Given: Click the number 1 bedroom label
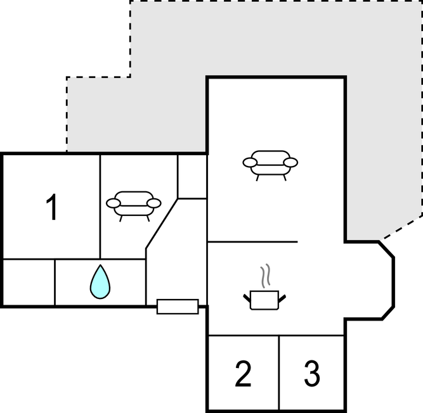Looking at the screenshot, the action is [x=52, y=206].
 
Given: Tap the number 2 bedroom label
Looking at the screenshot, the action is [x=243, y=374].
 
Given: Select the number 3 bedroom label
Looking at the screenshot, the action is [x=313, y=374].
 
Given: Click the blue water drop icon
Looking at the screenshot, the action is [x=100, y=282].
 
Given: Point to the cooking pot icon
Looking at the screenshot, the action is [x=264, y=300].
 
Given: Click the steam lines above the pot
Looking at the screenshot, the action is [x=265, y=276].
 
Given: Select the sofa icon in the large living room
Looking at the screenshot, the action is [x=270, y=165].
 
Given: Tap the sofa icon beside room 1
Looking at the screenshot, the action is [x=134, y=206].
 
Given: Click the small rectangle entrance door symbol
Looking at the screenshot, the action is [x=178, y=307].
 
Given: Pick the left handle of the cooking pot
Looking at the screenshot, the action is [x=247, y=298].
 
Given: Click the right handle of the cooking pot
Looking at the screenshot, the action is [x=282, y=298].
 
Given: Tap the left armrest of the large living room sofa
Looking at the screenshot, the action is [x=250, y=162].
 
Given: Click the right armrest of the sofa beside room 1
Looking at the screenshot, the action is [x=154, y=203].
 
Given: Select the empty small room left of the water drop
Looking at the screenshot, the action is [x=29, y=283].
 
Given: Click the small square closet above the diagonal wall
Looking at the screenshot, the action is [x=192, y=177].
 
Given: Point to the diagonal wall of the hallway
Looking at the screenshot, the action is [x=162, y=224].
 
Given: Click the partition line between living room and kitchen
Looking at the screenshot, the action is [x=252, y=242].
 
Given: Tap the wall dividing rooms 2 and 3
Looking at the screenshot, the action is [x=278, y=372].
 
